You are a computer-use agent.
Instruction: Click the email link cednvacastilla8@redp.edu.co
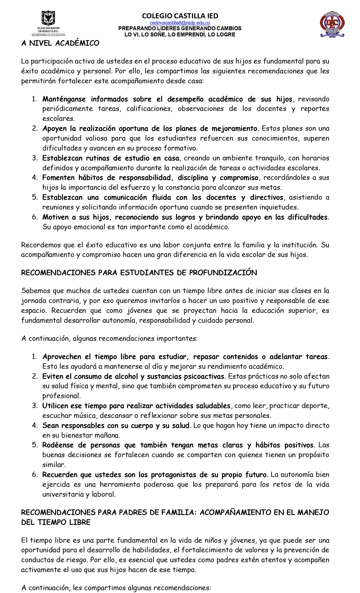(180, 23)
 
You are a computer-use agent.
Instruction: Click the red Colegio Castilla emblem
(332, 25)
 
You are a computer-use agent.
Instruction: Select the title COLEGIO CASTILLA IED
(180, 16)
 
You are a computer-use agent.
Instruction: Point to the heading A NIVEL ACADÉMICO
(60, 43)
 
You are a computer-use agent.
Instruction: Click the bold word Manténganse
(64, 99)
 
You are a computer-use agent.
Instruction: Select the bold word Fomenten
(58, 178)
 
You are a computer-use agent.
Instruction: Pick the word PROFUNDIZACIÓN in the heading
(223, 272)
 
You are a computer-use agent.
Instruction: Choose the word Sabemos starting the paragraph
(35, 291)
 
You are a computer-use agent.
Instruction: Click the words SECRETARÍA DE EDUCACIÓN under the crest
(48, 35)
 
